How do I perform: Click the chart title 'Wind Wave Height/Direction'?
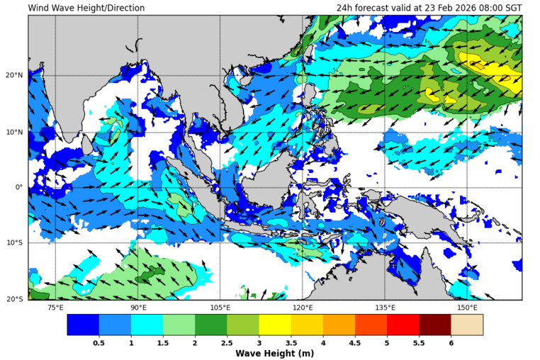[86, 8]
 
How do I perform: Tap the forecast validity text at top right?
[429, 8]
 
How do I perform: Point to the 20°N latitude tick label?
[16, 76]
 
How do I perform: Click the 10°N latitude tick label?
[16, 132]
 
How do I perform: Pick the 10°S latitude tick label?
[16, 243]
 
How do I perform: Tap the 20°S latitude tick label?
[16, 299]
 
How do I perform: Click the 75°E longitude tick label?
[55, 308]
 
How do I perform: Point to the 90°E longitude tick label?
[138, 308]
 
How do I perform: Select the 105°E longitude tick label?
[220, 308]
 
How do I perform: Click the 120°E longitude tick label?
[303, 308]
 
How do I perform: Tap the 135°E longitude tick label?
[385, 308]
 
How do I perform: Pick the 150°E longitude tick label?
[467, 308]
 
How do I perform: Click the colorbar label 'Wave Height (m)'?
[274, 353]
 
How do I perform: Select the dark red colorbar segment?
[434, 325]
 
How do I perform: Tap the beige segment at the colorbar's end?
[467, 325]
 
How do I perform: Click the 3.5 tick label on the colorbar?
[291, 342]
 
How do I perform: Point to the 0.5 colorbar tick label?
[99, 342]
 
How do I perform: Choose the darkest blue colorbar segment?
[83, 325]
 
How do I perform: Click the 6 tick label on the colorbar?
[451, 342]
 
